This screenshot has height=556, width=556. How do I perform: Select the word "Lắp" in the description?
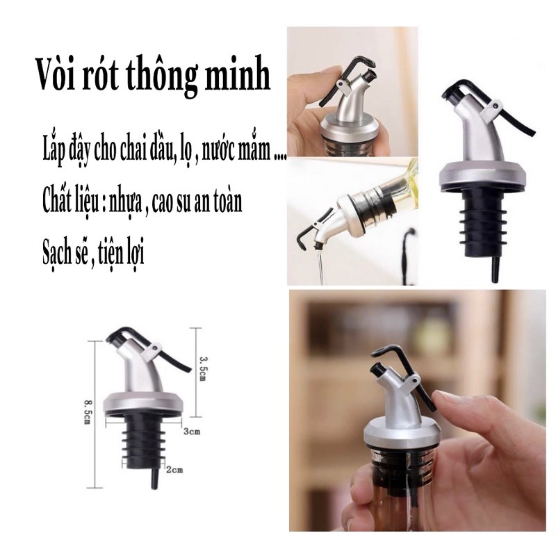pos(54,150)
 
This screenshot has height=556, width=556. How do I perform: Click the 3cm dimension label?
pos(193,432)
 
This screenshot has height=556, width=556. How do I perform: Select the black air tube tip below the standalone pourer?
pos(496,270)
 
